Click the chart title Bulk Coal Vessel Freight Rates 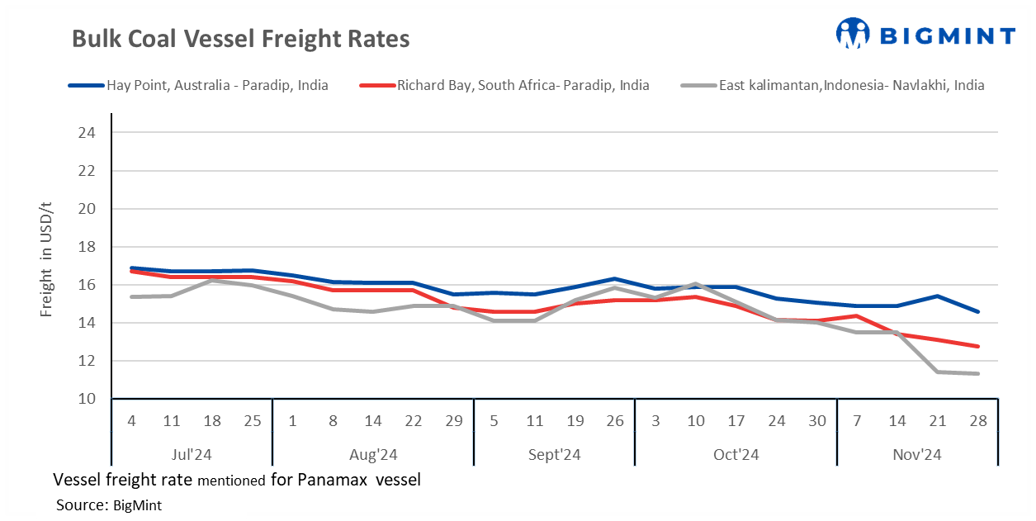tap(240, 39)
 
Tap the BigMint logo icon tap(853, 34)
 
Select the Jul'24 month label tap(192, 454)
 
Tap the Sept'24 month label tap(554, 454)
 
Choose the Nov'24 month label tap(917, 454)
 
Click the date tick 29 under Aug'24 tap(454, 421)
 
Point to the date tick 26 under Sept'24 tap(615, 421)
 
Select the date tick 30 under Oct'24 tap(817, 421)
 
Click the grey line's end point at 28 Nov tap(978, 373)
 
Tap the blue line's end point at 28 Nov tap(978, 311)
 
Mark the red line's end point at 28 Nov tap(978, 346)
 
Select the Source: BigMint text tap(109, 505)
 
